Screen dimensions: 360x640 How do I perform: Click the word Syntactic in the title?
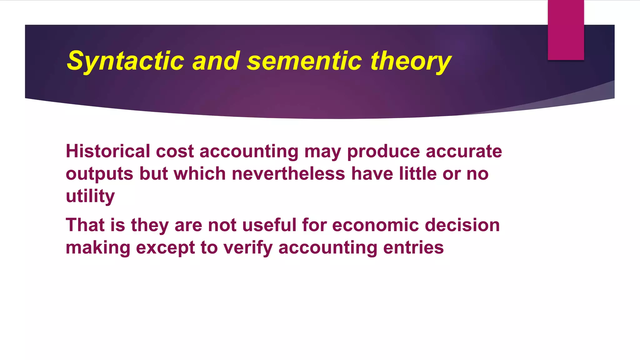click(x=125, y=61)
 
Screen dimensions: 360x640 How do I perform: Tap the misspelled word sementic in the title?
click(x=304, y=61)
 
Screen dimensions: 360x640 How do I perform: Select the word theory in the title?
click(x=411, y=61)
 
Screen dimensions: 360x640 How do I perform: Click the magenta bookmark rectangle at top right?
click(x=566, y=30)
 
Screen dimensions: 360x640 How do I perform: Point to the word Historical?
click(x=108, y=151)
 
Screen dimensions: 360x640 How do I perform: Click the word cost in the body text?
click(x=175, y=151)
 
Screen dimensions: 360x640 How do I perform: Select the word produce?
click(x=383, y=151)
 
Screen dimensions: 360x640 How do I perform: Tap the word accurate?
click(x=464, y=151)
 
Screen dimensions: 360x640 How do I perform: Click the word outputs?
click(x=99, y=174)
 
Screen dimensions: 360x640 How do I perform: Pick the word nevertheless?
click(x=288, y=174)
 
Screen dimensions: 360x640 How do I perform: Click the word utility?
click(x=90, y=196)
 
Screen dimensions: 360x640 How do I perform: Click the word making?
click(x=98, y=247)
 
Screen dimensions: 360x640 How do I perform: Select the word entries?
click(x=413, y=247)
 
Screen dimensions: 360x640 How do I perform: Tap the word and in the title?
click(x=216, y=61)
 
